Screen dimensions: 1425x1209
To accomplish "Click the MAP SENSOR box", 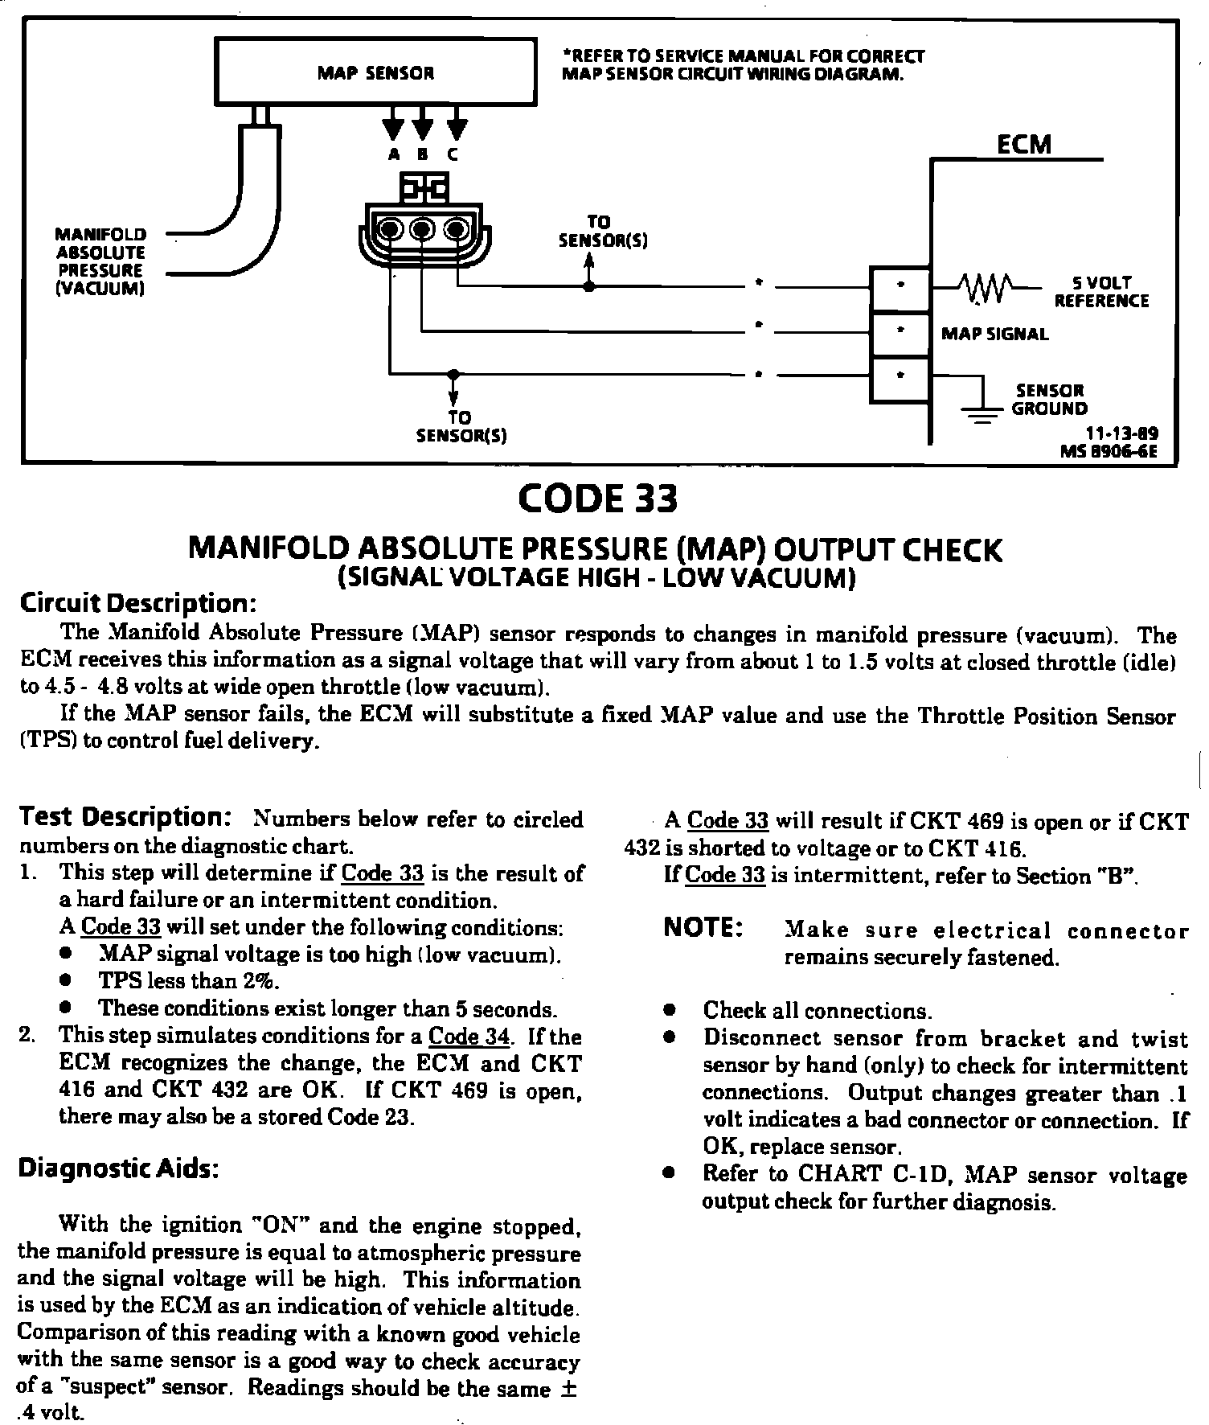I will coord(375,72).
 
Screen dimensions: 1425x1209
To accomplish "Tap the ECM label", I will coord(1023,145).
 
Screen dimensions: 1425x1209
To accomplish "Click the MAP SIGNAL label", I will coord(994,335).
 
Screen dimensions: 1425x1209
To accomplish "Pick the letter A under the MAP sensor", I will coord(393,155).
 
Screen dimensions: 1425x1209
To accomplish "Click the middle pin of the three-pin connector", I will coord(421,230).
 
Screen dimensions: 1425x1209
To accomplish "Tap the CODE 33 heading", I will coord(598,499).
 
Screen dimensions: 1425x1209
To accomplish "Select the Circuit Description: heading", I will coord(137,603).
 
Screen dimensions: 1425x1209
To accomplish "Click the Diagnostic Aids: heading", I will coord(118,1168).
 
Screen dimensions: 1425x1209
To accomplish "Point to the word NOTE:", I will coord(703,928).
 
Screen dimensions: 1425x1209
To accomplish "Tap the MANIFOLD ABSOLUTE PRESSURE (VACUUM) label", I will coord(100,261).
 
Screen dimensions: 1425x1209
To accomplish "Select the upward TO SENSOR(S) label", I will coord(598,231).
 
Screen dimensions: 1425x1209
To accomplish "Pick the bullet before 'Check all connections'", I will coord(668,1010).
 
